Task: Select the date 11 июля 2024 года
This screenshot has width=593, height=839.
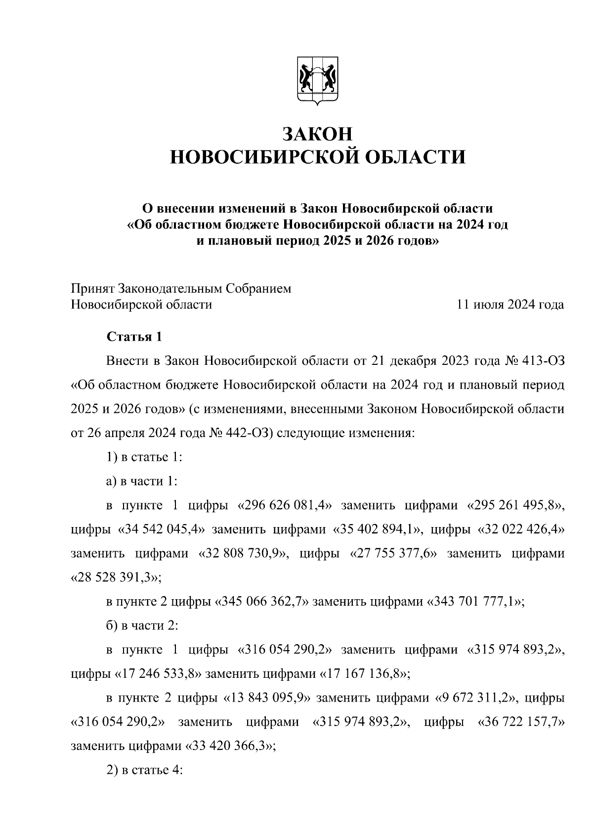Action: pyautogui.click(x=510, y=305)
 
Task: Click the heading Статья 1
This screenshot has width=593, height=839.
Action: pyautogui.click(x=134, y=337)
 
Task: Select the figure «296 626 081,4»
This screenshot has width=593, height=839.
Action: pyautogui.click(x=284, y=505)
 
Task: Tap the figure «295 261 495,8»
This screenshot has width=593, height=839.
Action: pyautogui.click(x=515, y=505)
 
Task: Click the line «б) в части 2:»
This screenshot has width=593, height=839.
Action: pyautogui.click(x=142, y=625)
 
